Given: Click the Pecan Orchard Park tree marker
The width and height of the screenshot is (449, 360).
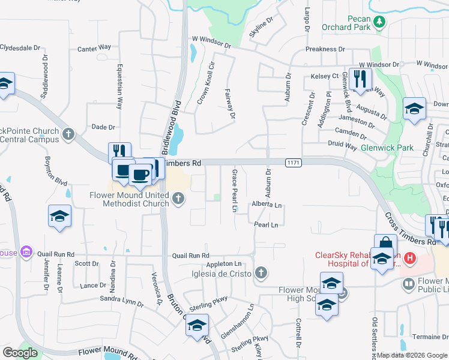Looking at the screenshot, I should pyautogui.click(x=379, y=22).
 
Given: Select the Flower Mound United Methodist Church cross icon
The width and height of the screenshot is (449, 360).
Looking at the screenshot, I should pyautogui.click(x=178, y=199).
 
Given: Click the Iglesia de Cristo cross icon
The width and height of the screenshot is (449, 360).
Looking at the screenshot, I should pyautogui.click(x=261, y=274).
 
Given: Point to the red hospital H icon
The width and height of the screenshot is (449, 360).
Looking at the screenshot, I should pyautogui.click(x=410, y=259).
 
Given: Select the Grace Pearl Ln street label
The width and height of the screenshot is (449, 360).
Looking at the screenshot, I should pyautogui.click(x=235, y=191).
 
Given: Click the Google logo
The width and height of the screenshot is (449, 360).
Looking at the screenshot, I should pyautogui.click(x=20, y=353).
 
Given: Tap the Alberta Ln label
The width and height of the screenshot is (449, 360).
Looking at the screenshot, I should pyautogui.click(x=267, y=205).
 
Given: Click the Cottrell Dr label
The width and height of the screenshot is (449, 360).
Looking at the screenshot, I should pyautogui.click(x=298, y=334).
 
